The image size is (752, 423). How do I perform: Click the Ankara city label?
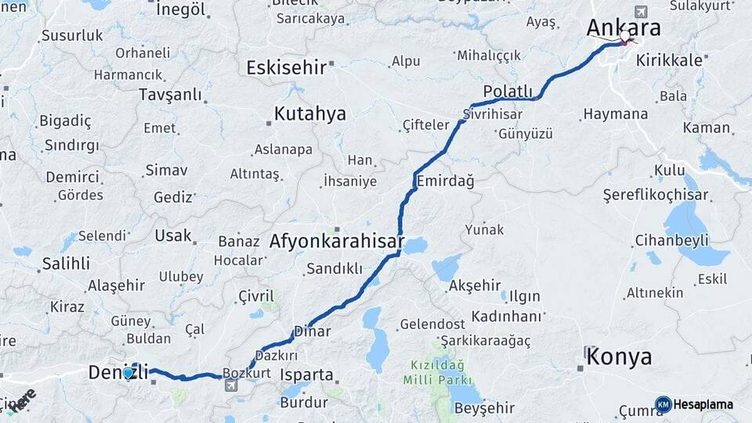tap(624, 27)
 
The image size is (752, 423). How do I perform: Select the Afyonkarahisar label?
tap(336, 240)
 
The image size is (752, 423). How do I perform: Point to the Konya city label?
tap(619, 357)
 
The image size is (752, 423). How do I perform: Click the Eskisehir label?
tap(286, 67)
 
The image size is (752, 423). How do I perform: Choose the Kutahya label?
tap(309, 114)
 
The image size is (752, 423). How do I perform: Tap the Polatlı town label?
tap(508, 91)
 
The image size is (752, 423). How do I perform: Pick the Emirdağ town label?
tap(446, 182)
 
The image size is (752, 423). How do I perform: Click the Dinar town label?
tap(313, 331)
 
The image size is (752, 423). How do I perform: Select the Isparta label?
tap(307, 374)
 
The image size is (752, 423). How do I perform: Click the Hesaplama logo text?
tap(703, 404)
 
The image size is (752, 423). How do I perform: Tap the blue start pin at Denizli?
tap(128, 373)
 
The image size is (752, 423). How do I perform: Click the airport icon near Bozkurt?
tap(230, 385)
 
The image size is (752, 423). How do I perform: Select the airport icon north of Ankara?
tap(642, 12)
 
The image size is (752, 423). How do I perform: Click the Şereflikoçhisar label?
tap(655, 195)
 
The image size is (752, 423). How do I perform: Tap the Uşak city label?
tap(173, 235)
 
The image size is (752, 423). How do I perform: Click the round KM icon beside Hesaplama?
tap(663, 404)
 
